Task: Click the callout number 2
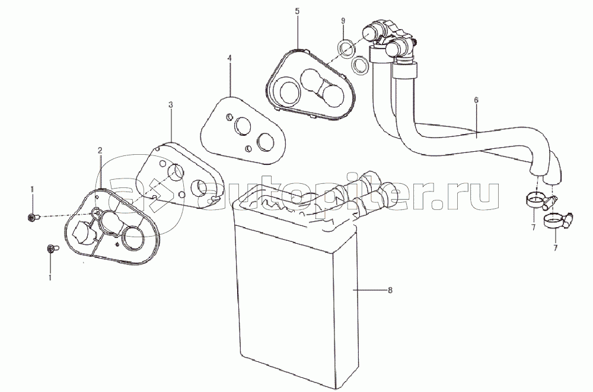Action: tap(100, 150)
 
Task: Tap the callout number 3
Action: tap(171, 104)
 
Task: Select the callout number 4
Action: tap(229, 58)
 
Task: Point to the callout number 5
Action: tap(297, 11)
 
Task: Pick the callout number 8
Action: tap(390, 290)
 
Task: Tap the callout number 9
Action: tap(343, 20)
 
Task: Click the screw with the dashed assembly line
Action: tap(32, 217)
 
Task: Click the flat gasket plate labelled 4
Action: tap(242, 130)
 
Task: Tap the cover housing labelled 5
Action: tap(309, 84)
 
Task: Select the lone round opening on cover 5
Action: tap(285, 91)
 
